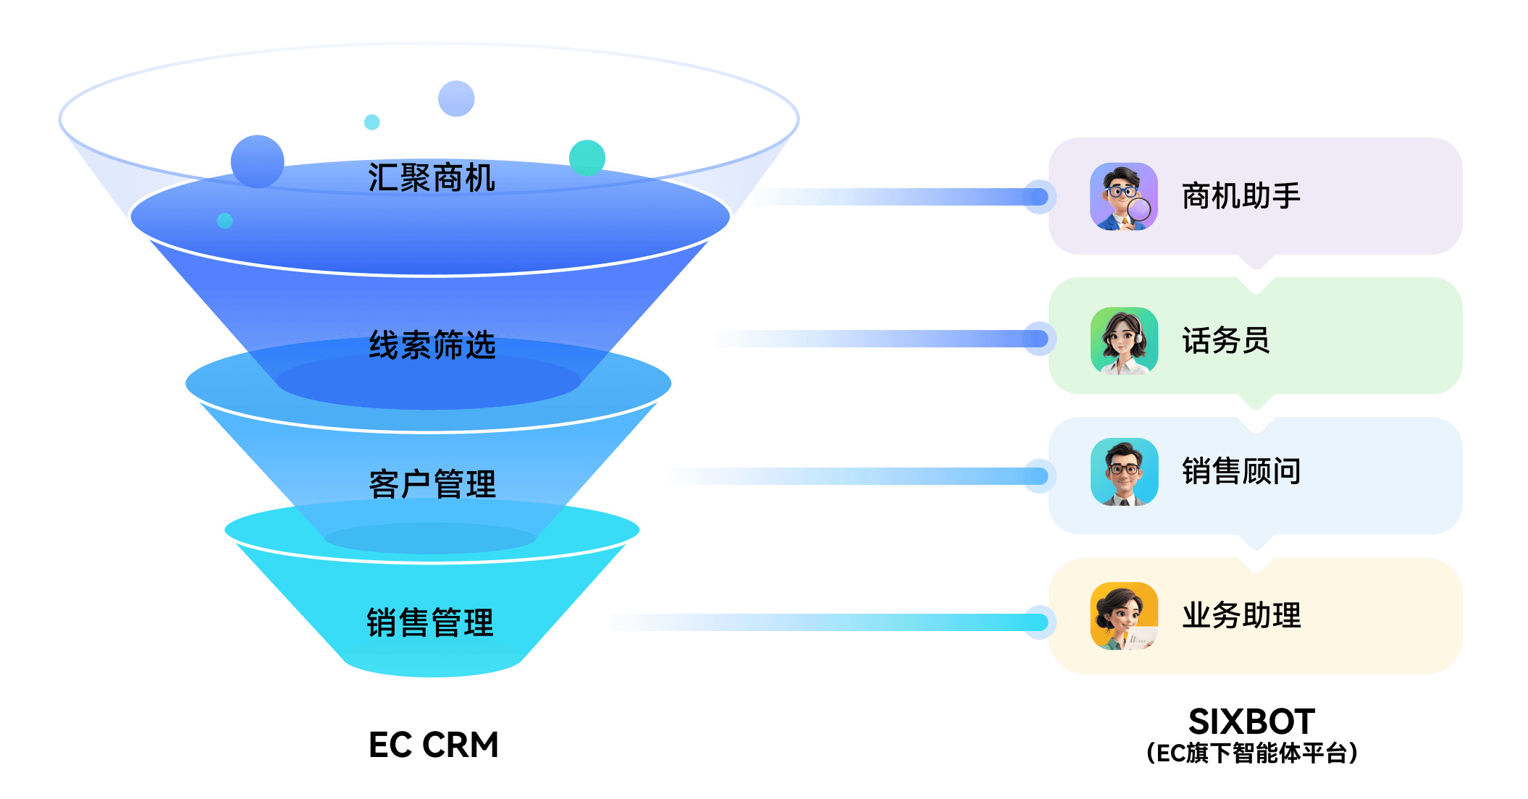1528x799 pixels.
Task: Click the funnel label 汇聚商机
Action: point(432,178)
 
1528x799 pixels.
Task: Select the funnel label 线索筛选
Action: point(432,345)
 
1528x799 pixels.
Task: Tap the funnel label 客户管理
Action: point(432,484)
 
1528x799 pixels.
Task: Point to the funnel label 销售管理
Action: point(430,622)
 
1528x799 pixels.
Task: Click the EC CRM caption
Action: point(434,745)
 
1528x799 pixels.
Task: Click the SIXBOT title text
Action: point(1251,722)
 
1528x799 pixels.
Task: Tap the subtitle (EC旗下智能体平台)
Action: point(1251,753)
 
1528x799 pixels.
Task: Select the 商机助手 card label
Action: point(1241,196)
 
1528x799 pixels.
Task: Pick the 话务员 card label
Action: point(1226,340)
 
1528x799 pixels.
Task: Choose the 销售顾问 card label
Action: point(1241,471)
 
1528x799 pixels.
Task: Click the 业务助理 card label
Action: point(1241,616)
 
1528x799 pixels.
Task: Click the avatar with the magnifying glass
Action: point(1124,197)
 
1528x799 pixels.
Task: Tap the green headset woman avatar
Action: point(1124,340)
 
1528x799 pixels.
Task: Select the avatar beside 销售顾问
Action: point(1124,472)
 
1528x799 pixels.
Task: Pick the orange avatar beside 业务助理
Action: point(1124,616)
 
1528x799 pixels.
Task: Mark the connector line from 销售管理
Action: point(826,622)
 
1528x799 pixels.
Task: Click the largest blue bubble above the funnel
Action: point(257,161)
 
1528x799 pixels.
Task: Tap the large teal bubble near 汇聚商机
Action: point(587,158)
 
